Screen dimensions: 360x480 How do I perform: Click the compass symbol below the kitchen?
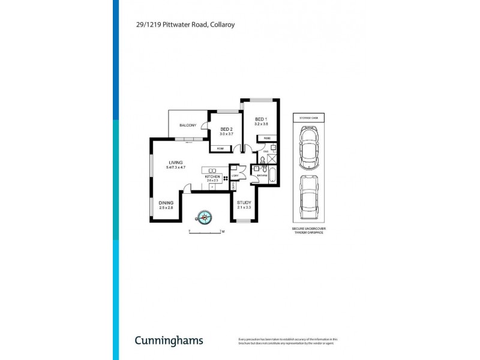(x=205, y=217)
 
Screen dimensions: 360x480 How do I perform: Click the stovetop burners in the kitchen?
(x=225, y=178)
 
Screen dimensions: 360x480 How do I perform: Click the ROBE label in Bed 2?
(x=220, y=147)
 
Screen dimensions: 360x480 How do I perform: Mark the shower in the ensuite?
(x=270, y=158)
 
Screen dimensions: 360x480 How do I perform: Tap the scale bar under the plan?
(x=206, y=231)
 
